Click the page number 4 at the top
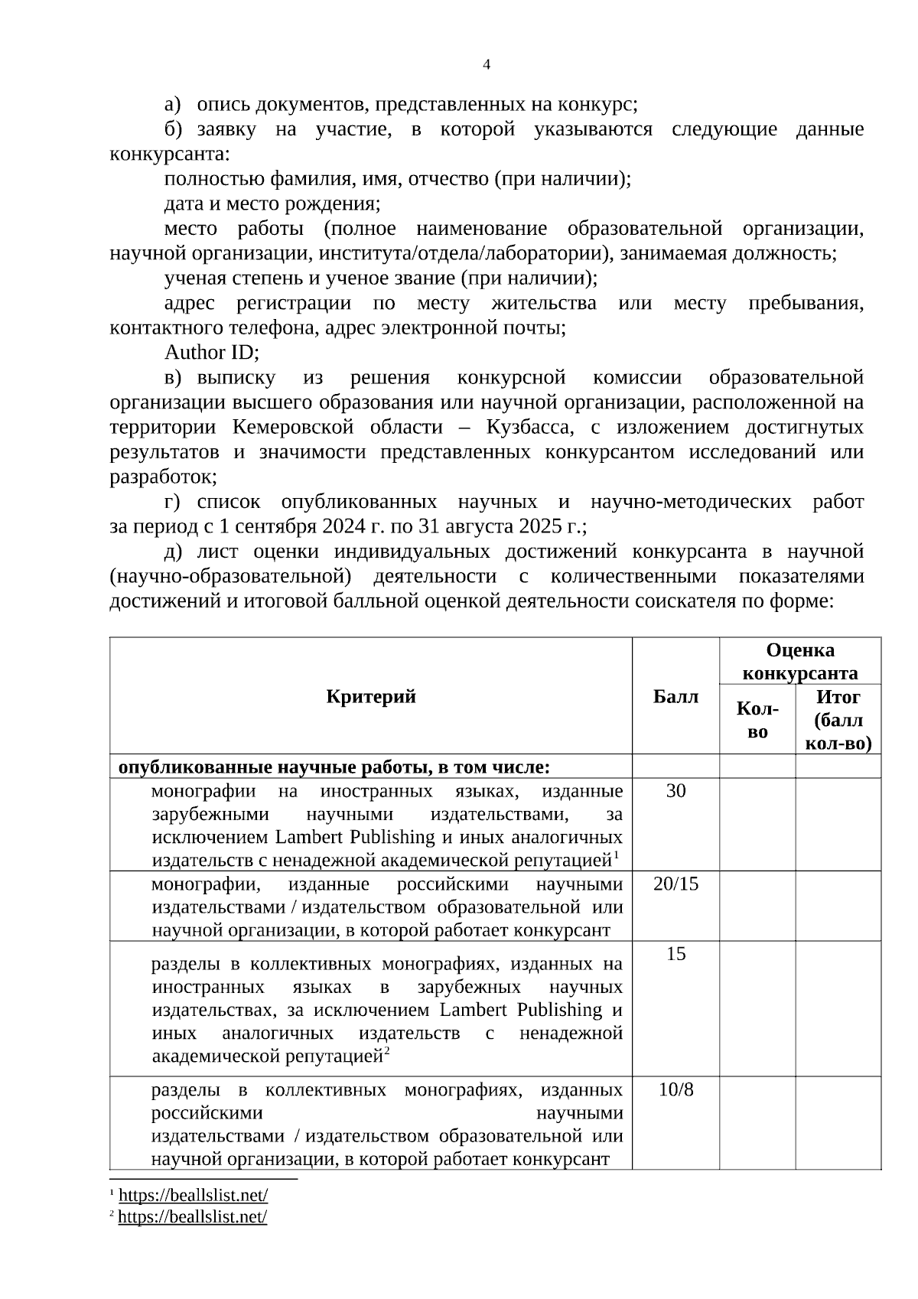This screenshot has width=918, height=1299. pyautogui.click(x=487, y=65)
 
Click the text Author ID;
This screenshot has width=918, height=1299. pyautogui.click(x=212, y=353)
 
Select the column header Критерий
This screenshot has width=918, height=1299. pyautogui.click(x=370, y=696)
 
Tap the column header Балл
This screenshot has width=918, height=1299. pyautogui.click(x=675, y=696)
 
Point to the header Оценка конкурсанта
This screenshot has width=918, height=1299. pyautogui.click(x=799, y=662)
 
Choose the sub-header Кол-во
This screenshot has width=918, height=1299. pyautogui.click(x=757, y=720)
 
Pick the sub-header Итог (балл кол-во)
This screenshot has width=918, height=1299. pyautogui.click(x=838, y=720)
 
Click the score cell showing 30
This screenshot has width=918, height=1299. pyautogui.click(x=675, y=791)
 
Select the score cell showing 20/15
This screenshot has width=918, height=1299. pyautogui.click(x=675, y=884)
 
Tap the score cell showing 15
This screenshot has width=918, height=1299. pyautogui.click(x=675, y=954)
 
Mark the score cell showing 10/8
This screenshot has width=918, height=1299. pyautogui.click(x=675, y=1089)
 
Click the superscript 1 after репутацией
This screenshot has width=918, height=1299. pyautogui.click(x=616, y=855)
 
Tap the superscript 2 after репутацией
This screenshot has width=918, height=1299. pyautogui.click(x=386, y=1052)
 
